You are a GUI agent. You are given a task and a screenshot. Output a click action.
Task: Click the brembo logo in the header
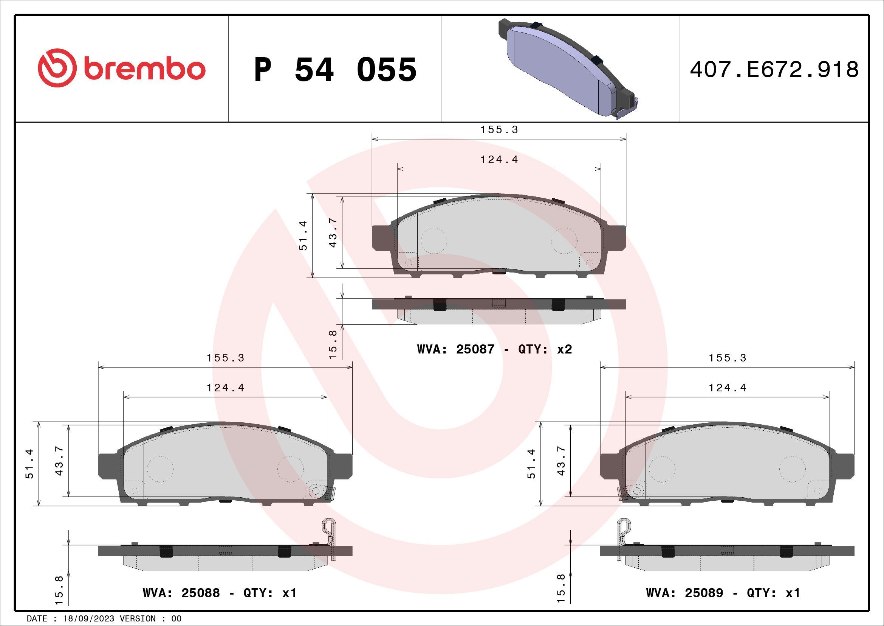(122, 69)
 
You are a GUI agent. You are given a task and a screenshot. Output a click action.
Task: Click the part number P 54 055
(335, 70)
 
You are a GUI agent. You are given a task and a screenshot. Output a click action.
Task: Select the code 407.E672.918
(774, 70)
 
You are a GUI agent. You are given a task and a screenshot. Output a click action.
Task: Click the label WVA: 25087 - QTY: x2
(494, 349)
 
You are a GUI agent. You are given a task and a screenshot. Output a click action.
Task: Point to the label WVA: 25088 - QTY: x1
(220, 593)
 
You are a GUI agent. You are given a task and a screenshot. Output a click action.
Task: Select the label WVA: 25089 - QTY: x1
(723, 593)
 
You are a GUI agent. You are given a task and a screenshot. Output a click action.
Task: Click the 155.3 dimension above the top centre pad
(499, 130)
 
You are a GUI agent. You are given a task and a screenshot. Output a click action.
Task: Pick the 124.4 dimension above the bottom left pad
(226, 388)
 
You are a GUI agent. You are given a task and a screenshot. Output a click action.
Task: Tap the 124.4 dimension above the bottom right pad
(728, 388)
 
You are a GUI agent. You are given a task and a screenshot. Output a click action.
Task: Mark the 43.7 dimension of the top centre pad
(333, 233)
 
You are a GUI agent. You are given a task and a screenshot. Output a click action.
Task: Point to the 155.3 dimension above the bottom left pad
(226, 358)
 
